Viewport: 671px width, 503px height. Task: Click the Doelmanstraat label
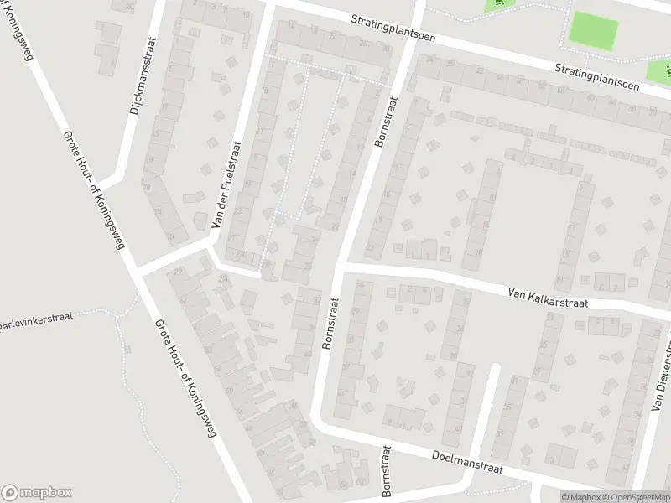coord(467,462)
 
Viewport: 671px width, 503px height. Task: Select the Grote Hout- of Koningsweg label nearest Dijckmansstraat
coord(91,192)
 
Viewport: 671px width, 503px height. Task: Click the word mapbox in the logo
coord(46,493)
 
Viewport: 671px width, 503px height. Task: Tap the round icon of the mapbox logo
coord(10,493)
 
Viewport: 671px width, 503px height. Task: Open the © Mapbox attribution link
coord(580,497)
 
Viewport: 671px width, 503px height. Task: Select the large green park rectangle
coord(593,31)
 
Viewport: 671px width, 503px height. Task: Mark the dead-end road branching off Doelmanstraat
coord(492,411)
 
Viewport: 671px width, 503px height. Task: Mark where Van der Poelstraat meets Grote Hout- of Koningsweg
coord(138,271)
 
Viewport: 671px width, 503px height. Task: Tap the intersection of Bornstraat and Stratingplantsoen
coord(411,36)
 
